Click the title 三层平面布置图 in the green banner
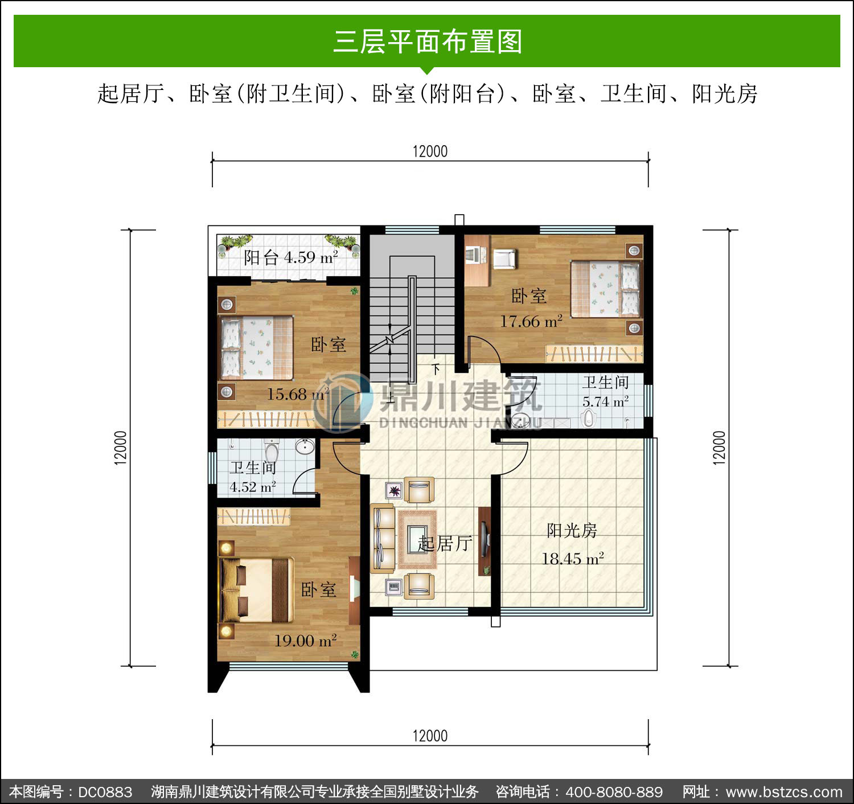(428, 42)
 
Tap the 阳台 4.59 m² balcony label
(291, 257)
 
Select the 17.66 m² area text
(531, 321)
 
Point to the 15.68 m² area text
(298, 394)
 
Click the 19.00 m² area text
(305, 641)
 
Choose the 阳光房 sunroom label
(572, 531)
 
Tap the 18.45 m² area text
(572, 559)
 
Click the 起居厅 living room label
(445, 544)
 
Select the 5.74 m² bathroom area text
(605, 402)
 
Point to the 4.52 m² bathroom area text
(252, 487)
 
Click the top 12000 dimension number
(430, 151)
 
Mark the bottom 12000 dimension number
(430, 736)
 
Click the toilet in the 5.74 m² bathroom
(588, 417)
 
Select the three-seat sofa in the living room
(382, 538)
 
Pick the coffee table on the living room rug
(417, 539)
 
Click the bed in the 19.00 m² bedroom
(256, 590)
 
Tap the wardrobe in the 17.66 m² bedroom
(594, 354)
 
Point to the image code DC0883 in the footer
(105, 791)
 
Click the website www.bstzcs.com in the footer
(784, 791)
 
